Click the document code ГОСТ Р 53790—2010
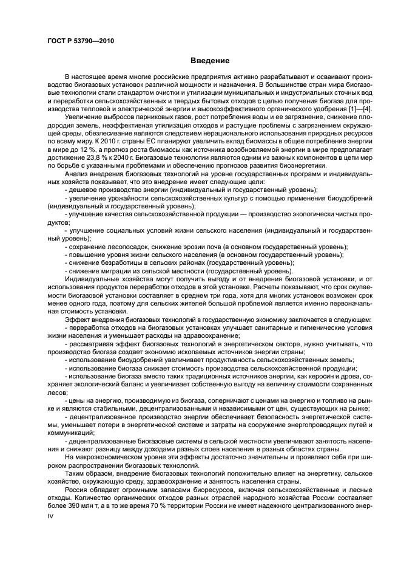point(80,41)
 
